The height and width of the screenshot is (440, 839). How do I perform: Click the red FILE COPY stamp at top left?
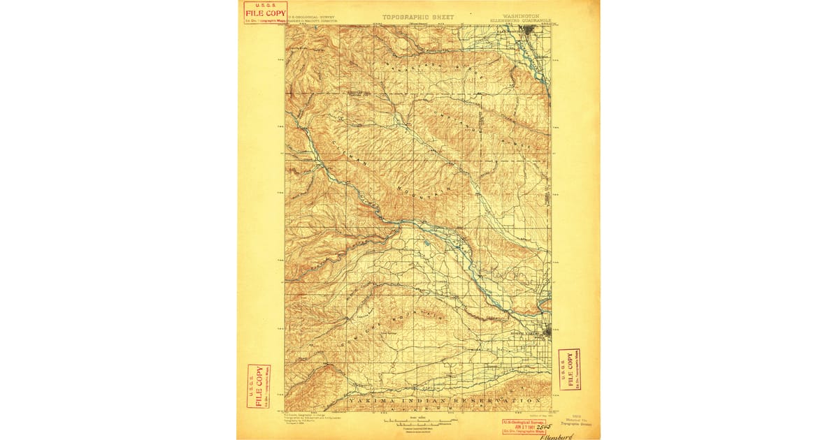tap(265, 13)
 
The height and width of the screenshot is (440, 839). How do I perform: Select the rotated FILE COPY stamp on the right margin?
tap(569, 369)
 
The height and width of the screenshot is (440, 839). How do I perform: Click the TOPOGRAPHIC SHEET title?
tap(418, 17)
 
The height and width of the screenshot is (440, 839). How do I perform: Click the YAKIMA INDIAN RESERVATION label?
tap(444, 401)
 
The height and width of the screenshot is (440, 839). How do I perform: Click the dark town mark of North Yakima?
tap(545, 333)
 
